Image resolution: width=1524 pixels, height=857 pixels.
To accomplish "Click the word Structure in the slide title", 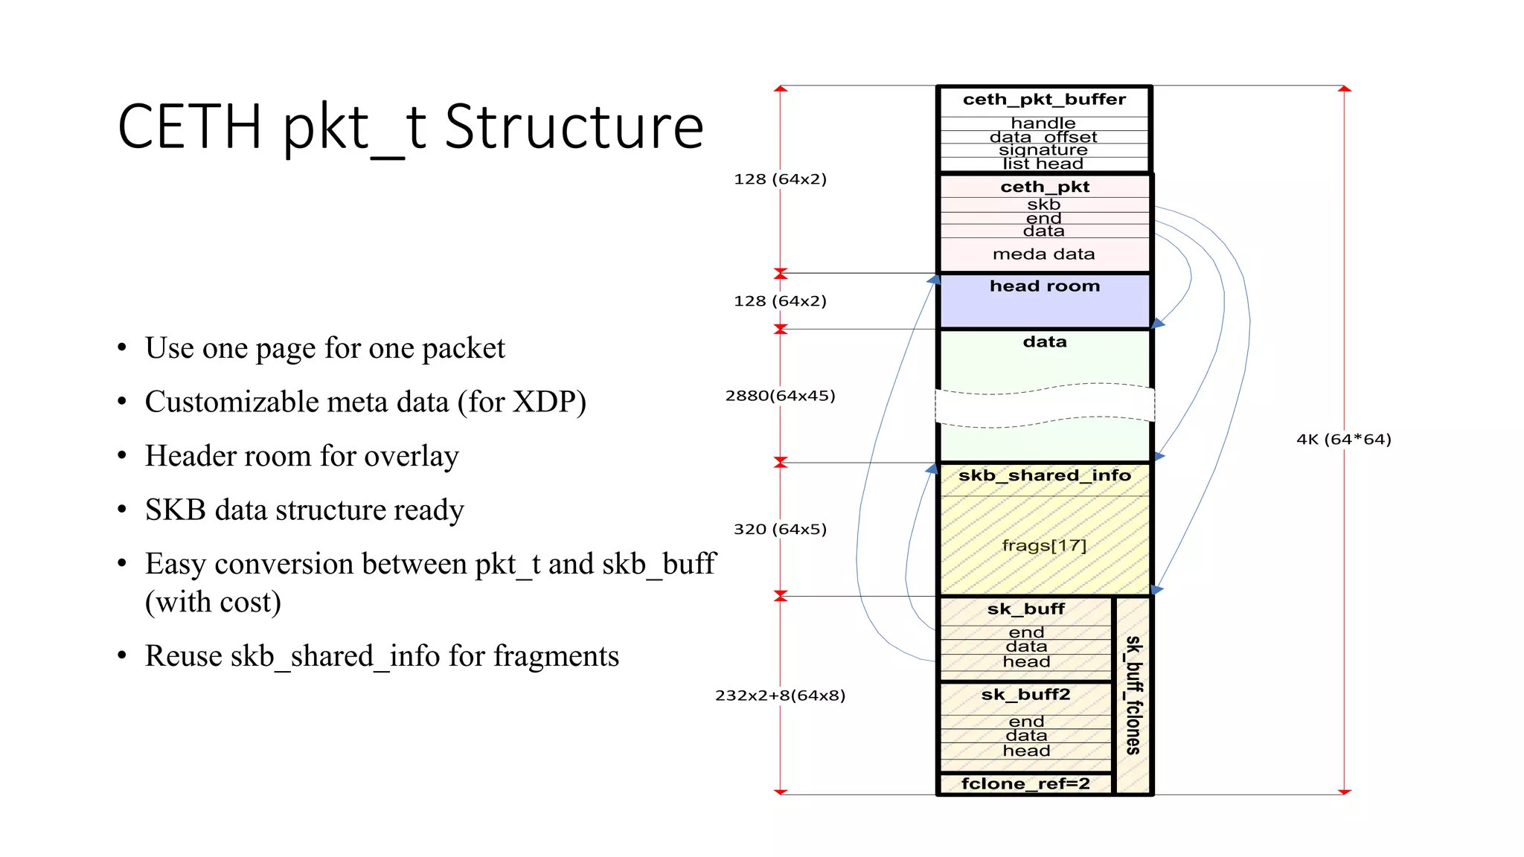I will [x=574, y=127].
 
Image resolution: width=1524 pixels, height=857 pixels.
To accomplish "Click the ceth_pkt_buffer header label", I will [x=1044, y=100].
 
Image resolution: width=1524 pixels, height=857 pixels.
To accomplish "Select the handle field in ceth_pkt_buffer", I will [x=1043, y=123].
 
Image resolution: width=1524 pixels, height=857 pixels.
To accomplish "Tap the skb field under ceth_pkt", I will [x=1043, y=205].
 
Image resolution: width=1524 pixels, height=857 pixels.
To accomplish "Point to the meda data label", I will [x=1043, y=254].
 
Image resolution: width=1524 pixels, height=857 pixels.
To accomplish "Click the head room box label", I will [x=1044, y=286].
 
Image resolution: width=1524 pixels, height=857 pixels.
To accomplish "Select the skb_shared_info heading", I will [x=1044, y=476].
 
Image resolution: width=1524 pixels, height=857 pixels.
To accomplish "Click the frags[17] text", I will [x=1044, y=546].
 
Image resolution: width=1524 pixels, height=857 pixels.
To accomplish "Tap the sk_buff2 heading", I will [x=1025, y=695].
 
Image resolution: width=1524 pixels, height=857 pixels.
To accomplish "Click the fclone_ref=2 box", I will [x=1025, y=784].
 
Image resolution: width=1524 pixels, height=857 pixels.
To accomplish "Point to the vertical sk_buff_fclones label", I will [x=1133, y=695].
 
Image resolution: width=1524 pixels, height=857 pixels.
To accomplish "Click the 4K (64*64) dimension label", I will [x=1343, y=440].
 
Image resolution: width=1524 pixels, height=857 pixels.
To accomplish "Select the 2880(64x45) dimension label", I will [x=780, y=396].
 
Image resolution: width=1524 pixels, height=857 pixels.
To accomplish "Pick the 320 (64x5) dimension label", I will [x=780, y=530].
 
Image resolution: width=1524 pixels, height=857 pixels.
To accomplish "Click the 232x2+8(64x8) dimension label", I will [x=780, y=696].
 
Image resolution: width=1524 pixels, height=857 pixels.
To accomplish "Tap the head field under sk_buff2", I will [x=1026, y=751].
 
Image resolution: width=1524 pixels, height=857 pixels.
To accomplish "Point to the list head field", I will [x=1043, y=164].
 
